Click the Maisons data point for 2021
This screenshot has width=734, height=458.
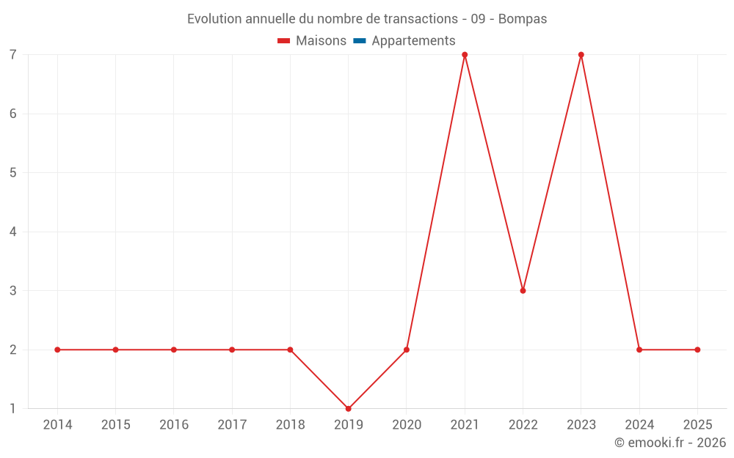click(465, 55)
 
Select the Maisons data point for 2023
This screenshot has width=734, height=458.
click(581, 55)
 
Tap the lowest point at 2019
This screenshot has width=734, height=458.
click(349, 408)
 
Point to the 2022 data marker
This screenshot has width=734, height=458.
click(523, 291)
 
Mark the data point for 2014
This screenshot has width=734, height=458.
click(57, 350)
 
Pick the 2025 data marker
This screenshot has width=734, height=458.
click(697, 350)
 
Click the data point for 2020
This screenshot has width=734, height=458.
click(407, 350)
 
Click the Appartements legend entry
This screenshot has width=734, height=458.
click(413, 41)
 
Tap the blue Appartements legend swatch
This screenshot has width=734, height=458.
click(360, 41)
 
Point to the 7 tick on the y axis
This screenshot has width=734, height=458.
click(13, 55)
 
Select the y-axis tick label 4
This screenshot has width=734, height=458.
click(13, 232)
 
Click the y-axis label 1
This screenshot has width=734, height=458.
click(13, 408)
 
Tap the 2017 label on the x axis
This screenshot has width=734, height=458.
click(232, 425)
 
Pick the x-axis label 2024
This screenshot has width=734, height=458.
click(639, 425)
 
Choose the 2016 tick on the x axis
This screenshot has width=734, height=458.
click(174, 425)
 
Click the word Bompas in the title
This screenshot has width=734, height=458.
click(523, 19)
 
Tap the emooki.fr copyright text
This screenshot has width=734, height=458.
click(670, 443)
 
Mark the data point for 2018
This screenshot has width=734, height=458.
click(290, 350)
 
